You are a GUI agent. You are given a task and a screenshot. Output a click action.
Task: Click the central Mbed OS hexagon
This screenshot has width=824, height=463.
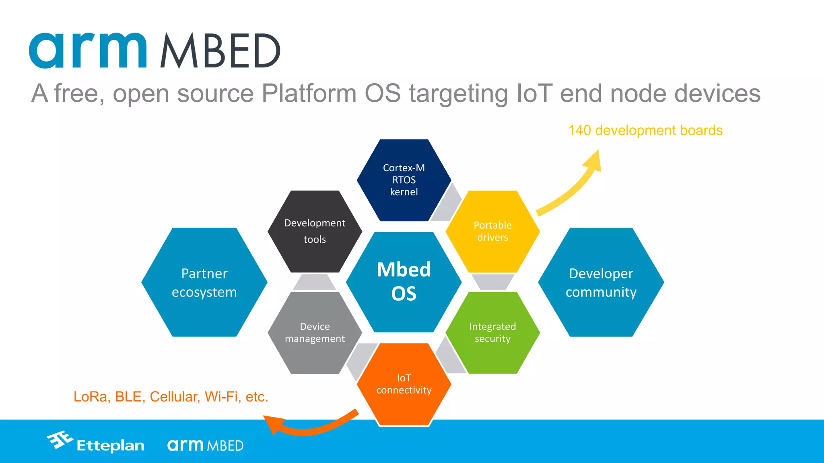pos(404,282)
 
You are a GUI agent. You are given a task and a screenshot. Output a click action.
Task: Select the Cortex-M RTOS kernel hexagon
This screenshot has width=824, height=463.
pos(404,180)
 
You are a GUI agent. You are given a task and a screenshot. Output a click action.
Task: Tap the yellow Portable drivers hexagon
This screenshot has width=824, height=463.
pos(492,231)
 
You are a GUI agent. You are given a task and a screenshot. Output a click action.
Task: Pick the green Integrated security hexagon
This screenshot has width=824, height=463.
pos(492,332)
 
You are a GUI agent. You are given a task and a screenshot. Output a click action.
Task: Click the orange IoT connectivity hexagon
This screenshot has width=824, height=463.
pos(404,384)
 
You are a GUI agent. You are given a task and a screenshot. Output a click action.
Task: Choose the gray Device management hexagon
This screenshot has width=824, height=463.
pos(315,332)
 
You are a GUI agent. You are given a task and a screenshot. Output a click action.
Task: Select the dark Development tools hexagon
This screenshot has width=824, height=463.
pos(315,231)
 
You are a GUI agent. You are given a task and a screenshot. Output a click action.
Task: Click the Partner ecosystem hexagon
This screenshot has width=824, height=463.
pos(204,282)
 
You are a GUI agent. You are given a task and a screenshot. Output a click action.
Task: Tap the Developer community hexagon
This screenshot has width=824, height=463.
pos(601,282)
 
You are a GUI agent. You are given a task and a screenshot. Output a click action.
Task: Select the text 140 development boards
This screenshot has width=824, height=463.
pos(645,131)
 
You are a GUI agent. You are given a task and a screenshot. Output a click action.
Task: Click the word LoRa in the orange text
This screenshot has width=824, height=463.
pos(90,397)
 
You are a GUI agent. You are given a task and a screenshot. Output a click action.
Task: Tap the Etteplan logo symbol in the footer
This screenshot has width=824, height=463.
pos(60,440)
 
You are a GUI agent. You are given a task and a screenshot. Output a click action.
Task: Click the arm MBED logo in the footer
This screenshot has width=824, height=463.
pos(205,445)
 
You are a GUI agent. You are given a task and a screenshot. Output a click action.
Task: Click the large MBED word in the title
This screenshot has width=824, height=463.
pos(220,51)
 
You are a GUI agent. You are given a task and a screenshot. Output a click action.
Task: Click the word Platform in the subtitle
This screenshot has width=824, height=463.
pos(309,93)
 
